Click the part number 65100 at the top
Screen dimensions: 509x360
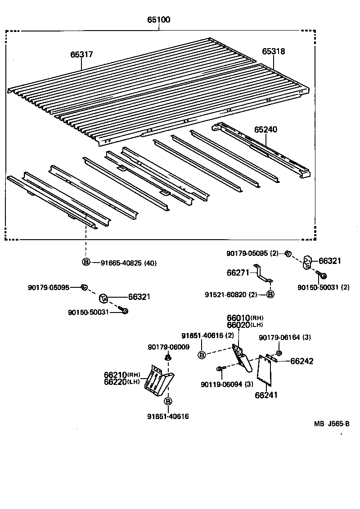158,20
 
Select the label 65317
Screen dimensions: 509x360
81,54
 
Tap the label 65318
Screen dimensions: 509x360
274,52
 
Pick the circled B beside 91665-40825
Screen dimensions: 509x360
85,263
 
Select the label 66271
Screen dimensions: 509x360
238,272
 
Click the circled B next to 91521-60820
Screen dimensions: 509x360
270,295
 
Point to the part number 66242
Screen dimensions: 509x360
302,361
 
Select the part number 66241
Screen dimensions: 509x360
266,395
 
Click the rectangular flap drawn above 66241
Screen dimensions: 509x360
265,371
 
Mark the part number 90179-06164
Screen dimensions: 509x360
285,337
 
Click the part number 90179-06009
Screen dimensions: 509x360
168,347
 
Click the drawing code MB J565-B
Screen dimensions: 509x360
332,424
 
